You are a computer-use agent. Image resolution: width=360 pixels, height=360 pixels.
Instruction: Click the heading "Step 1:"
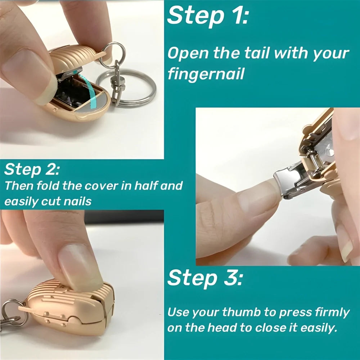pyautogui.click(x=208, y=16)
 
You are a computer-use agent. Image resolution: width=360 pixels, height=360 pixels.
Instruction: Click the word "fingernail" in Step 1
pyautogui.click(x=206, y=74)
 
